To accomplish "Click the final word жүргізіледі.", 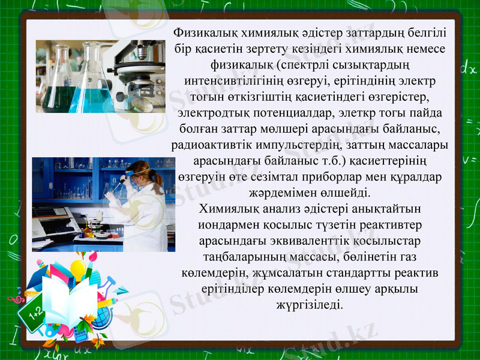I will tap(310, 305).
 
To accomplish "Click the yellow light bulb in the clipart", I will tap(79, 268).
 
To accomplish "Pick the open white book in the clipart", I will tap(69, 300).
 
